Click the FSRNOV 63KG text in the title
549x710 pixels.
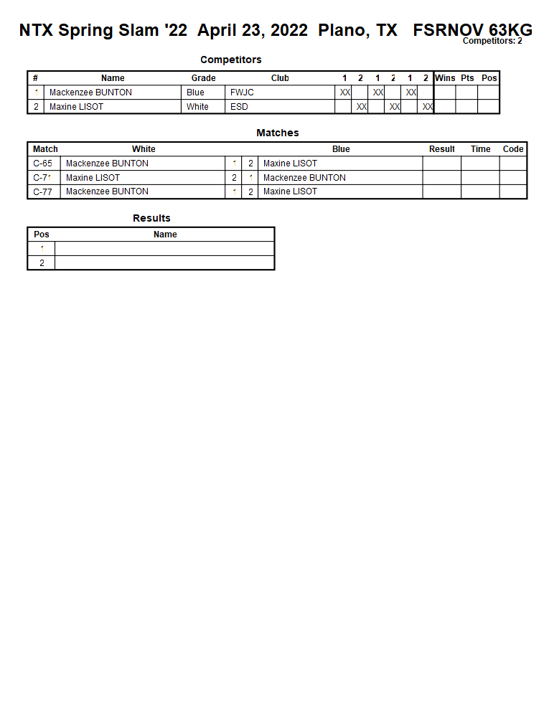tap(472, 30)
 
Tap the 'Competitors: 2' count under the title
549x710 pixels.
tap(492, 41)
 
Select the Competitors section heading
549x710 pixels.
tap(230, 60)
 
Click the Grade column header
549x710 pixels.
tap(203, 78)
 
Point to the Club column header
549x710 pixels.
tap(280, 78)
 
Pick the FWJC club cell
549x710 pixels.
tap(242, 93)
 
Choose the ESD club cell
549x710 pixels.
tap(239, 107)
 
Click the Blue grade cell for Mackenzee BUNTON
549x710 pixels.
tap(195, 93)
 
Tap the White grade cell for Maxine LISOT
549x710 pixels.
tap(197, 107)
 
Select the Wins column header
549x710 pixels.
tap(445, 78)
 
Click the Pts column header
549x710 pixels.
tap(467, 78)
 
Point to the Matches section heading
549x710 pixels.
tap(277, 133)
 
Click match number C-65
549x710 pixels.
tap(43, 164)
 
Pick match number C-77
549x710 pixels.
tap(43, 191)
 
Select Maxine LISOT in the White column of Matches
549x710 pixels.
tap(93, 178)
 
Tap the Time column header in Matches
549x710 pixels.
tap(480, 149)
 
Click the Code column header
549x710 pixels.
tap(513, 149)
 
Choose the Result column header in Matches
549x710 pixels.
tap(441, 149)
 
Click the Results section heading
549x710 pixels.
tap(151, 218)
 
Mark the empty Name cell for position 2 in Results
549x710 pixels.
tap(164, 263)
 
